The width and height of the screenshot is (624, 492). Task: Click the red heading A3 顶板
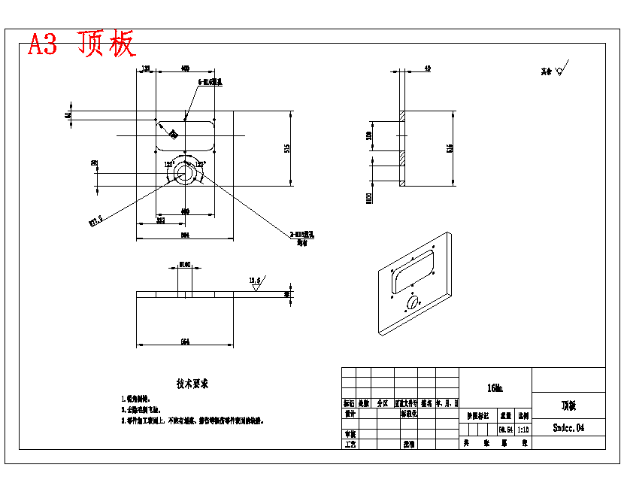(82, 44)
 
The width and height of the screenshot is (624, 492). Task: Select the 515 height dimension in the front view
(287, 148)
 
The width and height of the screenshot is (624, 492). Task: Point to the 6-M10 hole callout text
(211, 82)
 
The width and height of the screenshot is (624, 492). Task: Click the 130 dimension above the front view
(146, 68)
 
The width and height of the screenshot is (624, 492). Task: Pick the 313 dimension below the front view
(160, 220)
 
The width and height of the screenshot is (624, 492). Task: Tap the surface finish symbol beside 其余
(562, 68)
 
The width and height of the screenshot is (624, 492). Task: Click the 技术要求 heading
(192, 384)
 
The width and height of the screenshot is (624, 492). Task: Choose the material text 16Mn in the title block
(495, 388)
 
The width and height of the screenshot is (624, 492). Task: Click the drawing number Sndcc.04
(568, 428)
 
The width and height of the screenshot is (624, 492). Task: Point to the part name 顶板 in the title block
(568, 405)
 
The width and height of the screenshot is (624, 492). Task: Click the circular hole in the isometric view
(413, 302)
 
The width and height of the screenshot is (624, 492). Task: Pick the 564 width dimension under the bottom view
(185, 342)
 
